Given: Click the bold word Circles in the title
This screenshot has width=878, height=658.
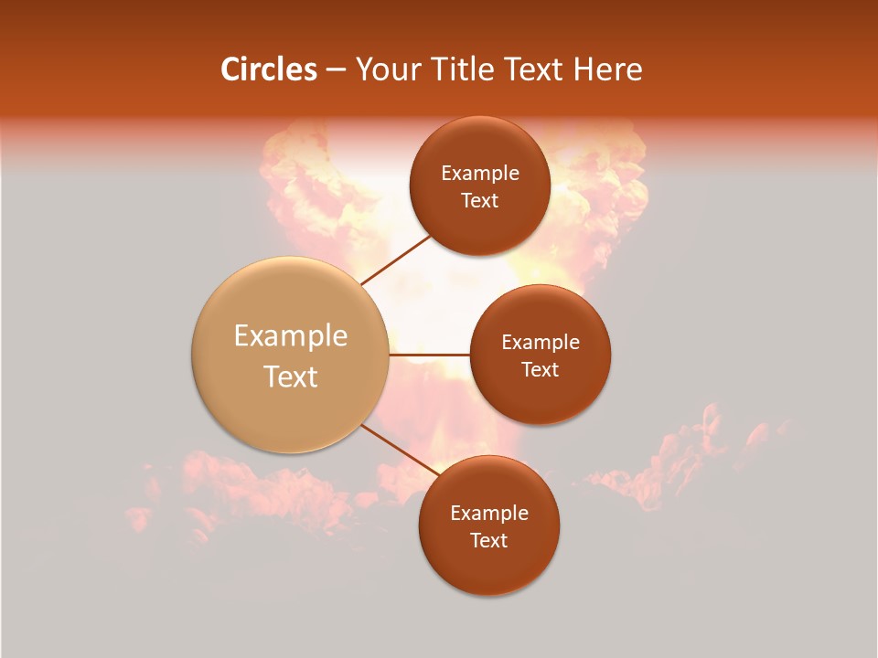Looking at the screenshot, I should pyautogui.click(x=269, y=69).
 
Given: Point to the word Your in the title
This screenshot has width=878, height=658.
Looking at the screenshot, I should pyautogui.click(x=388, y=69).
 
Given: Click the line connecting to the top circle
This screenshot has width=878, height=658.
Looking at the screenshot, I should pyautogui.click(x=395, y=260).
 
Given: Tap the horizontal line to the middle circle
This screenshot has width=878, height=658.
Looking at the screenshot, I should pyautogui.click(x=430, y=354).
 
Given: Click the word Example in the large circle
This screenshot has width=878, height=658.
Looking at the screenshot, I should pyautogui.click(x=290, y=336).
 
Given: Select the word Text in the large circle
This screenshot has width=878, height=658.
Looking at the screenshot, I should pyautogui.click(x=290, y=377).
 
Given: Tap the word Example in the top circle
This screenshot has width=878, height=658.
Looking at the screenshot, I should pyautogui.click(x=479, y=174).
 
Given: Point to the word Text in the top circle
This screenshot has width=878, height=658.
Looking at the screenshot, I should pyautogui.click(x=479, y=200).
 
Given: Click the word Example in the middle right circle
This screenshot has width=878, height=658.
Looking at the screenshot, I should pyautogui.click(x=540, y=343).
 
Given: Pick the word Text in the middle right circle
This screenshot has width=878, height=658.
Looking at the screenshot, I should pyautogui.click(x=540, y=369).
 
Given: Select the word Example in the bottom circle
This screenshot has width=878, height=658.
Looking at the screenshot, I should pyautogui.click(x=488, y=514).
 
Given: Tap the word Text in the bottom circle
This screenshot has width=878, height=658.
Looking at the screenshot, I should pyautogui.click(x=488, y=540).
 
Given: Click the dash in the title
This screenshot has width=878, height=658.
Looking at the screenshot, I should pyautogui.click(x=336, y=70).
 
